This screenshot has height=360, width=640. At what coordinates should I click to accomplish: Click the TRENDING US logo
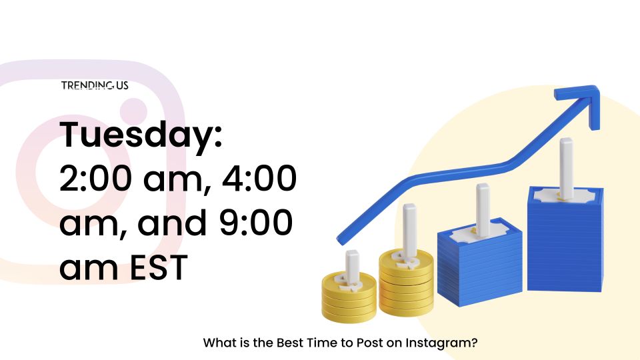point(95,85)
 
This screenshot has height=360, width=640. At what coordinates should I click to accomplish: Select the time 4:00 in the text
point(259,179)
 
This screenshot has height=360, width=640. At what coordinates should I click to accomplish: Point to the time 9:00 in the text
point(256,223)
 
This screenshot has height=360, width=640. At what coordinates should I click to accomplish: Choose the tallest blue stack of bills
point(565,239)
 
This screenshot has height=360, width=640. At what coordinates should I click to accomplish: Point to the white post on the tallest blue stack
point(566,167)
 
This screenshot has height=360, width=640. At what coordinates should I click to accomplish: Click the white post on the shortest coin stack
point(352,267)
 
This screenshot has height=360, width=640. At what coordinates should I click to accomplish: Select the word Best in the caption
point(288,343)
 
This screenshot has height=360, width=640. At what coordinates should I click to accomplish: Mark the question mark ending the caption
point(474,343)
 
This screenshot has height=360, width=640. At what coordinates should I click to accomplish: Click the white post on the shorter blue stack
point(483,210)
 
